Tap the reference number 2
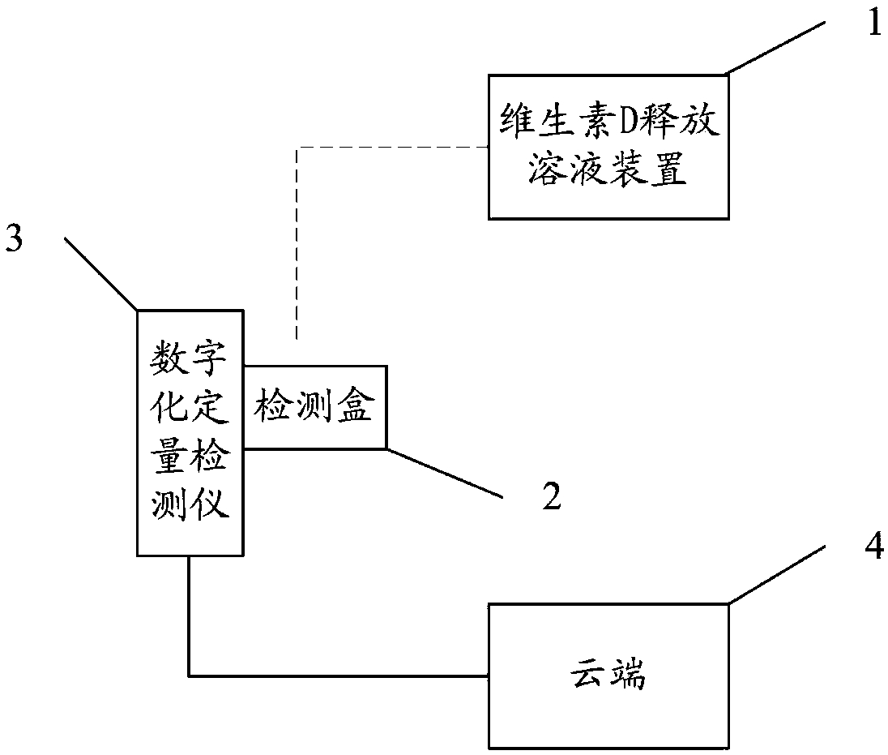(552, 495)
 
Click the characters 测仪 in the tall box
(190, 504)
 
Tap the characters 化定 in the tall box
(190, 408)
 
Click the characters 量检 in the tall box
(190, 457)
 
